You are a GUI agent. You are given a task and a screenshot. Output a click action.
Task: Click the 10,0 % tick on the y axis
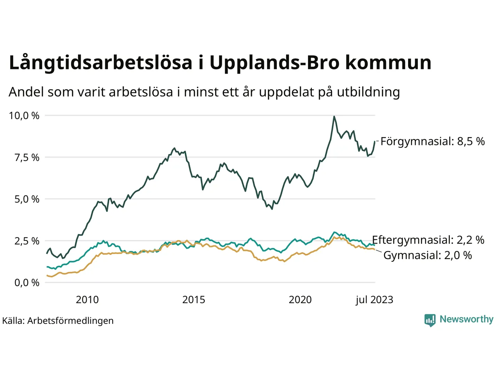(x=24, y=116)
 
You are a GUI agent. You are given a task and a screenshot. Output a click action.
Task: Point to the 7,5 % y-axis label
(x=24, y=158)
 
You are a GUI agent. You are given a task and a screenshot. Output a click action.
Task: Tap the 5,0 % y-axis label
(x=24, y=199)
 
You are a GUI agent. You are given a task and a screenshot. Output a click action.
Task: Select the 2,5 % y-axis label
(x=24, y=241)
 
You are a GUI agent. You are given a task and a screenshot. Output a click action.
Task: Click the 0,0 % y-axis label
(x=24, y=283)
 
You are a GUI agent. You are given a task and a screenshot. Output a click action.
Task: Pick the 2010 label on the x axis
(x=87, y=300)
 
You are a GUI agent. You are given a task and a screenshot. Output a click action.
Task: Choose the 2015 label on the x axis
(x=194, y=300)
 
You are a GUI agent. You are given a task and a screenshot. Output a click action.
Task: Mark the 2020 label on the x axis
(x=300, y=300)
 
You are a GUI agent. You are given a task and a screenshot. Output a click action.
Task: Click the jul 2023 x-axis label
(x=374, y=300)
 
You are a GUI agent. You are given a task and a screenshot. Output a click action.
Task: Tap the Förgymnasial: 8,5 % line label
(x=432, y=141)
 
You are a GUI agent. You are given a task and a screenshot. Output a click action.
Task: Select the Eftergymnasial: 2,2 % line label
(x=428, y=240)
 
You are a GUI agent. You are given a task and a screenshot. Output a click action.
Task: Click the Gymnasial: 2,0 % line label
(x=428, y=256)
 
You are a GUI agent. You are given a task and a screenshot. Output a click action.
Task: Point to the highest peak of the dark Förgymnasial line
(x=334, y=116)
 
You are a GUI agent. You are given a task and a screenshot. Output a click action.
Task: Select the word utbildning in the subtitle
(x=368, y=92)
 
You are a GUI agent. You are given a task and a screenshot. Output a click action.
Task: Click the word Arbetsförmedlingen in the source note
(x=71, y=321)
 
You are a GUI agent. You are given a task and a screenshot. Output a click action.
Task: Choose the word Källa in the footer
(x=13, y=321)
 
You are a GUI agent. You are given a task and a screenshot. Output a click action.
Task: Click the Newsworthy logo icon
(x=430, y=320)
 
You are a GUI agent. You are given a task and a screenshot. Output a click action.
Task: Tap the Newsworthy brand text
(x=466, y=319)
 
